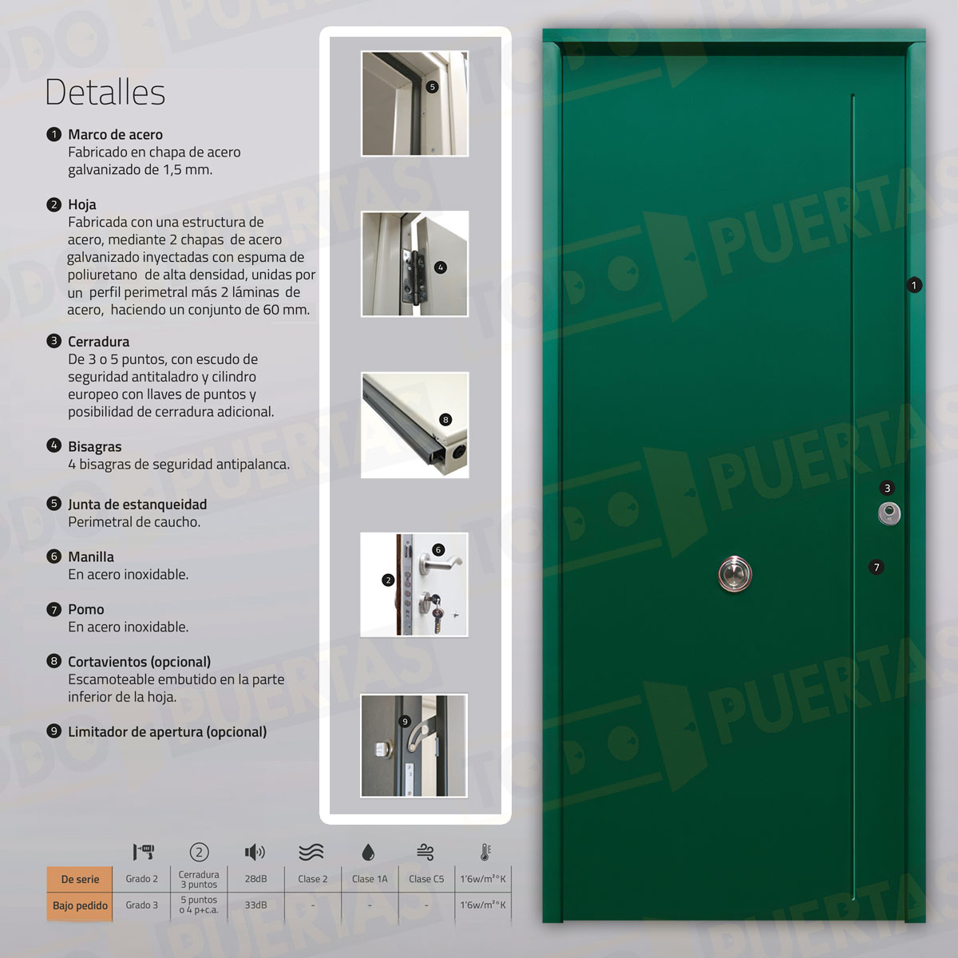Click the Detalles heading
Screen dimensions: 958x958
105,93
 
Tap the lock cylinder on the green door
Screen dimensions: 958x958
889,513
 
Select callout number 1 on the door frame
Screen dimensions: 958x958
914,285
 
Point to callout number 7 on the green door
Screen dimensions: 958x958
877,568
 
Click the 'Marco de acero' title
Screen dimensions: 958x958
115,134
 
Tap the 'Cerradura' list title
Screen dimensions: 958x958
98,341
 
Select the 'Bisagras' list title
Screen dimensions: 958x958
94,446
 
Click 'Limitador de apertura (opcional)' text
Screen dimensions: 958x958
167,731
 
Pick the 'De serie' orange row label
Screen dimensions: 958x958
80,879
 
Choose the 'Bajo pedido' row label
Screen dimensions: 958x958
80,905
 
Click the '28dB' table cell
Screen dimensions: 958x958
255,879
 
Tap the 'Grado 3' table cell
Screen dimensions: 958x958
141,905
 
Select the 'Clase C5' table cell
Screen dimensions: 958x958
426,879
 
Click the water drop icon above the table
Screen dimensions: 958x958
368,853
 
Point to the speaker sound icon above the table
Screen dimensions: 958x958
255,853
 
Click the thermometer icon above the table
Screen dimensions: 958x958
485,852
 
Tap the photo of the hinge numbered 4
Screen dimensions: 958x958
414,263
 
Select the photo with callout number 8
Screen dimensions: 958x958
414,425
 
